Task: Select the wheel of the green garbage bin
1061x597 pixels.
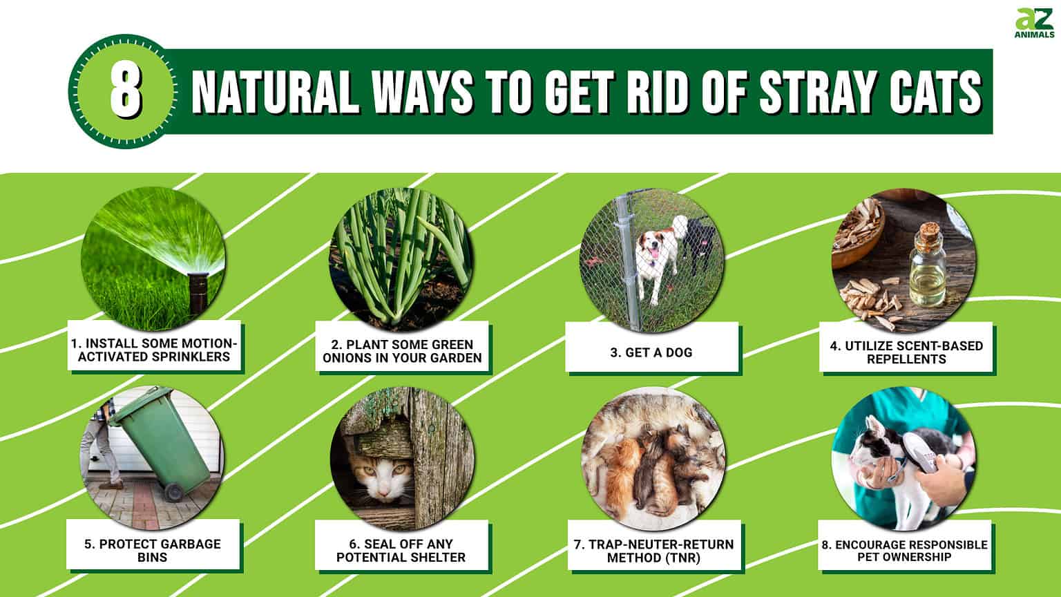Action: click(174, 492)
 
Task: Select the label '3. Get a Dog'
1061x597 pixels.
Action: click(651, 352)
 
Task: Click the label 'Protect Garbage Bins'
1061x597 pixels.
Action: click(153, 550)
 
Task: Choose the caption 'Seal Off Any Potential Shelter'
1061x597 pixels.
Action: click(401, 550)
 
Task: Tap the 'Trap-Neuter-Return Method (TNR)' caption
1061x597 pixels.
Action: click(653, 551)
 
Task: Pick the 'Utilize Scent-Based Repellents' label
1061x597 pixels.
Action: click(906, 352)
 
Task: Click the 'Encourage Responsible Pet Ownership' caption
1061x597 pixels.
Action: click(904, 550)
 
